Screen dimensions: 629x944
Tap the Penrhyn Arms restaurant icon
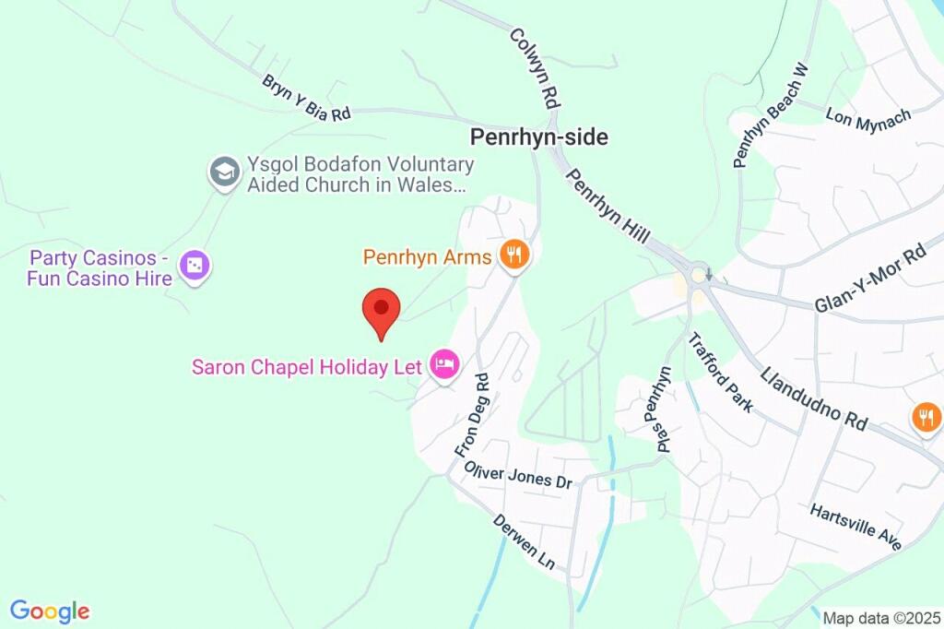coord(513,255)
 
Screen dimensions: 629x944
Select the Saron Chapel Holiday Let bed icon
coord(444,366)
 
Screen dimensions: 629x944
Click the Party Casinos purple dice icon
coord(195,267)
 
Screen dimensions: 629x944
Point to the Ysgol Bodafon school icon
coord(224,172)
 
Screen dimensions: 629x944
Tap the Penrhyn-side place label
coord(539,137)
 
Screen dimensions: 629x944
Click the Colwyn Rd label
coord(535,65)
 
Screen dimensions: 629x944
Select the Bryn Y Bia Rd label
coord(306,98)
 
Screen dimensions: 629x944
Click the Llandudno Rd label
coord(814,398)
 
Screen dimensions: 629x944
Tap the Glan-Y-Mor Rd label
coord(869,279)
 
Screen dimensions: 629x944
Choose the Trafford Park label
coord(721,372)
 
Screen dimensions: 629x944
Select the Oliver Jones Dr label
coord(518,475)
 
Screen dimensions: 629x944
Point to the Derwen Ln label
coord(524,542)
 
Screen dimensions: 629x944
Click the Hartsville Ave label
coord(855,528)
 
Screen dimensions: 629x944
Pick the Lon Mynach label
coord(868,117)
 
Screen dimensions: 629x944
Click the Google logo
coord(50,611)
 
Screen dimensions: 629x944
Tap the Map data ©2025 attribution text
coord(879,618)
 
